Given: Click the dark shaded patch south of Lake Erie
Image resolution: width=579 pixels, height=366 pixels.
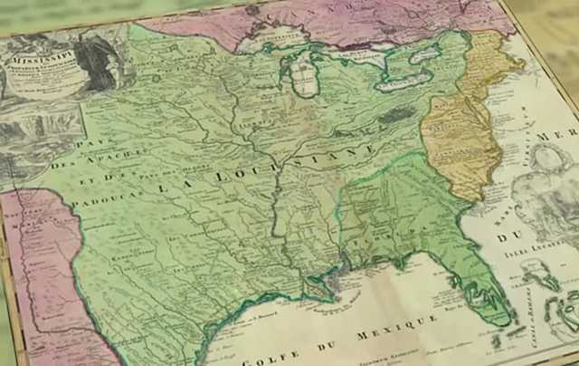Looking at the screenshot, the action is (394, 115).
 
